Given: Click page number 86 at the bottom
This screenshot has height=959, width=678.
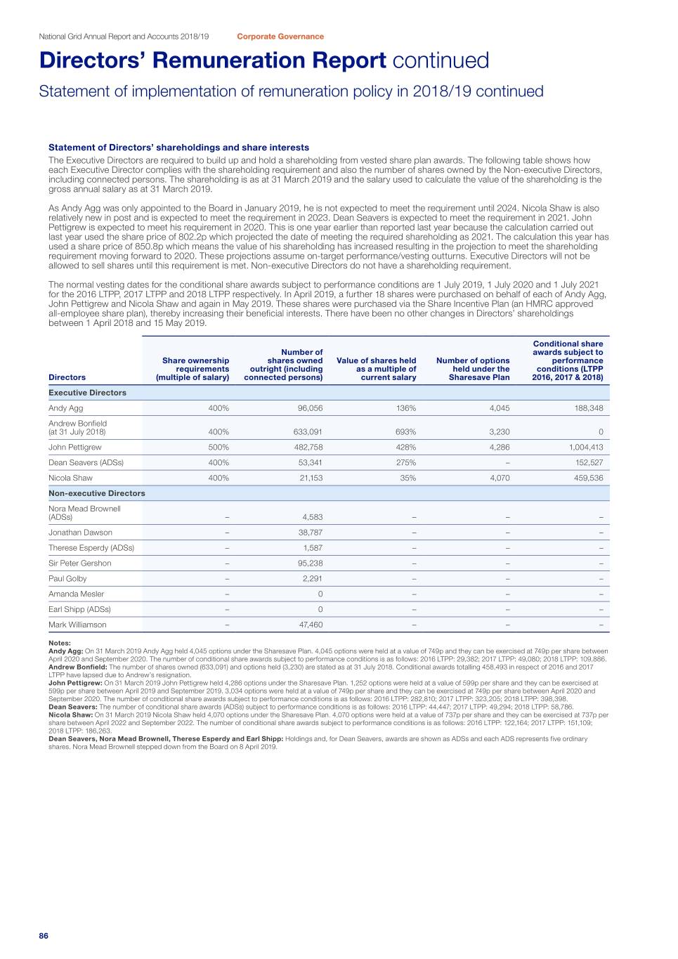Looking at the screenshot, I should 44,936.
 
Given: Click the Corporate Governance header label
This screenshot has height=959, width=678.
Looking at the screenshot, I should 280,37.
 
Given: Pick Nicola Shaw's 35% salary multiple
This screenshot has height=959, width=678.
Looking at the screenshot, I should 408,478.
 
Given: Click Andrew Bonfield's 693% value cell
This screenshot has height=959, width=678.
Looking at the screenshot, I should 405,432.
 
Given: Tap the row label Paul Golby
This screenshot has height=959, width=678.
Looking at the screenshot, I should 67,578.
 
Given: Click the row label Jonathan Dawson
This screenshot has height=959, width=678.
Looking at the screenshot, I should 80,533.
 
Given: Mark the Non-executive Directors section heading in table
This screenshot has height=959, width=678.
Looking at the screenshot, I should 96,493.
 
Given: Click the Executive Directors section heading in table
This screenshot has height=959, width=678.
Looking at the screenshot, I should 87,393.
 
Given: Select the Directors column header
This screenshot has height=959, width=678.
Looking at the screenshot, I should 67,377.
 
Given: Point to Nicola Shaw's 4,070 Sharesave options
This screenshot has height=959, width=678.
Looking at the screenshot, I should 498,478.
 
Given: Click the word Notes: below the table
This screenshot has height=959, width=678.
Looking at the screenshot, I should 59,643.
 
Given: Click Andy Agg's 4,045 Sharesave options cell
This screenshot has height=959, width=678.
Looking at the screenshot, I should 498,408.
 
